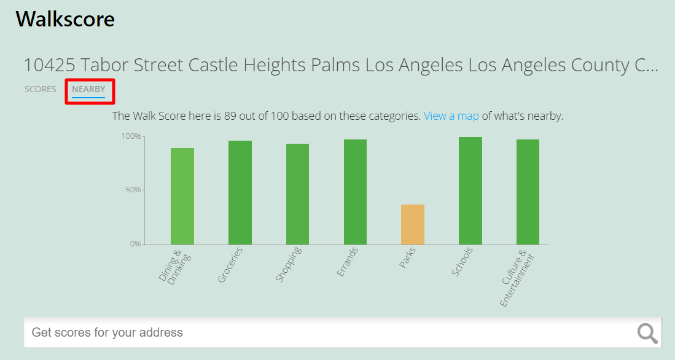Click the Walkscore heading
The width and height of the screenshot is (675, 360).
point(65,19)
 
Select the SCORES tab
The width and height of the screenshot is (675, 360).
point(41,89)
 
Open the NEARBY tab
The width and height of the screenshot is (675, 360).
point(88,89)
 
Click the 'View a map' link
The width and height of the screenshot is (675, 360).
point(451,115)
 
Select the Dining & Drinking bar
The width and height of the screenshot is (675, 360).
point(182,196)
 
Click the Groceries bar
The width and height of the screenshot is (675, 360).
point(240,192)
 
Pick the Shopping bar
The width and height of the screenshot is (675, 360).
point(297,194)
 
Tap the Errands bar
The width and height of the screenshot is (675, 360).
point(355,192)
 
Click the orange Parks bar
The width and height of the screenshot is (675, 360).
point(413,224)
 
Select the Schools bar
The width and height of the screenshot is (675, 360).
point(470,190)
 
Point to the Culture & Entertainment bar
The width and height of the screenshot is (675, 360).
point(528,192)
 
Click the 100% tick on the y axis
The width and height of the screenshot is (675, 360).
point(130,136)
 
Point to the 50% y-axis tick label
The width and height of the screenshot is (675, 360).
point(132,190)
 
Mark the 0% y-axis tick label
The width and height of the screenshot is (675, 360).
point(134,244)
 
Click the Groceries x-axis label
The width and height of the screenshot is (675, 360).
point(230,265)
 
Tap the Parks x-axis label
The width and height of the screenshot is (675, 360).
point(407,258)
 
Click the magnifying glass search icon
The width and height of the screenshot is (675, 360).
point(647,333)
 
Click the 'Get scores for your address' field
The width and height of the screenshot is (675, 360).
point(326,333)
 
